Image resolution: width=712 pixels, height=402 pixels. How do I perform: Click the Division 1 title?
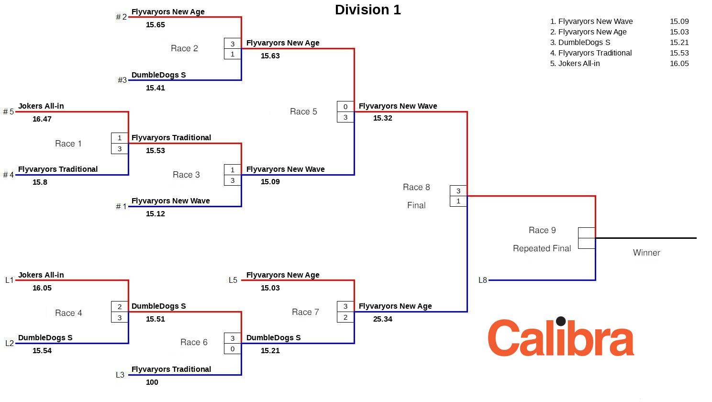[367, 10]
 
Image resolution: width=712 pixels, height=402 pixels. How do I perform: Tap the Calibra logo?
[561, 337]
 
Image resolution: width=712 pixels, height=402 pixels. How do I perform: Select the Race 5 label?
[303, 112]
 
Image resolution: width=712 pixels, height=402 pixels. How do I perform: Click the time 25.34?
[383, 319]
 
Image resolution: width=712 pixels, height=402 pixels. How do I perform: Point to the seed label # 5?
[9, 112]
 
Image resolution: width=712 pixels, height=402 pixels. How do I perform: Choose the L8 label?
[482, 280]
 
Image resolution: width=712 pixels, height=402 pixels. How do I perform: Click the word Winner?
[646, 253]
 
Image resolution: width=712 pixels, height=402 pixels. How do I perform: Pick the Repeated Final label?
[542, 248]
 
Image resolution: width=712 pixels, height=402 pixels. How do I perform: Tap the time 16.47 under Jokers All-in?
[42, 119]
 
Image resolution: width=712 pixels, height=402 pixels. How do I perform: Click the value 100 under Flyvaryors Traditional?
[152, 382]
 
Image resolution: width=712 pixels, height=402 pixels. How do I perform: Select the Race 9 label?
[542, 230]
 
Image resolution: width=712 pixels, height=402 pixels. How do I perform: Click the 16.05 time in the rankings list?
[679, 64]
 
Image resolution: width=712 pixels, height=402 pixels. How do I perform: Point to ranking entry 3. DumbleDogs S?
[580, 43]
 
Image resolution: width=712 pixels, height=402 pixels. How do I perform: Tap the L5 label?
[233, 280]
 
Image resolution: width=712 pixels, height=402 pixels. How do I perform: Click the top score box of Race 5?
[345, 107]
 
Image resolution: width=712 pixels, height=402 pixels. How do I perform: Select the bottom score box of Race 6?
[233, 349]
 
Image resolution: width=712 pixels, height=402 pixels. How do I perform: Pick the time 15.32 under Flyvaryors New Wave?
[383, 118]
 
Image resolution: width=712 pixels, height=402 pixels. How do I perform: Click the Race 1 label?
[68, 144]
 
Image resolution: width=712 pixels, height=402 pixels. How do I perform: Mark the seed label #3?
[122, 80]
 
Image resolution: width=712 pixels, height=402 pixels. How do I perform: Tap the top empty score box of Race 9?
[587, 233]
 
